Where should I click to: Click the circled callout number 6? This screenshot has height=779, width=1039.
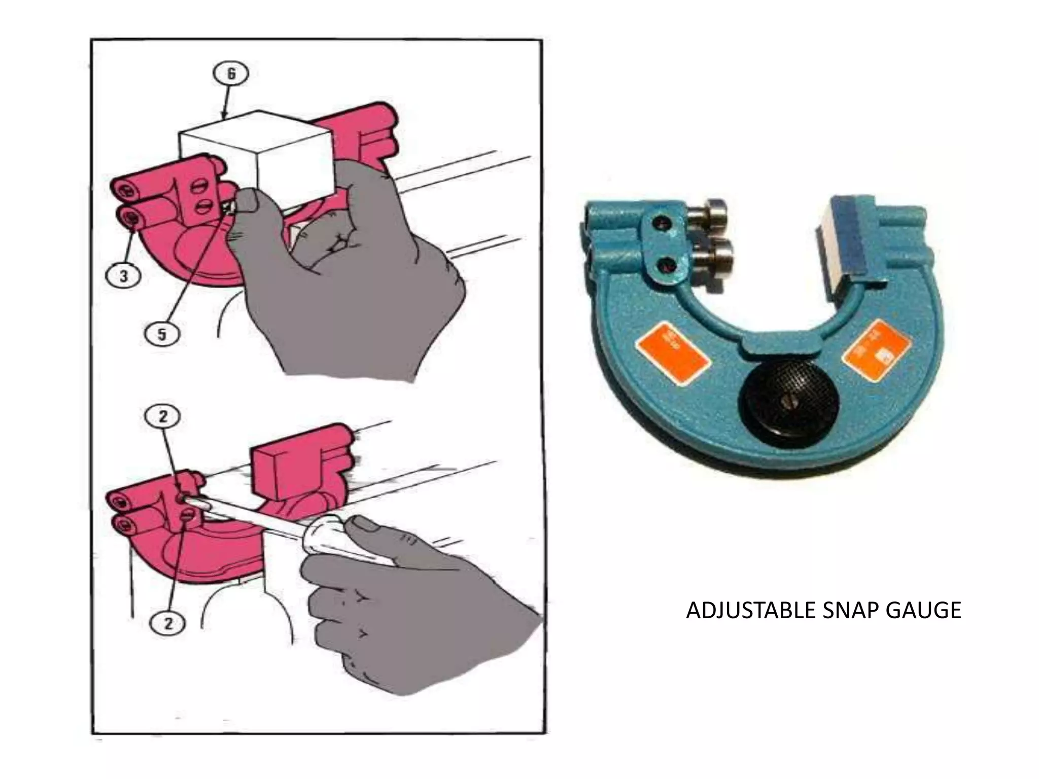[x=231, y=74]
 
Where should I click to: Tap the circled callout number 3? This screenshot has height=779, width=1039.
[x=124, y=276]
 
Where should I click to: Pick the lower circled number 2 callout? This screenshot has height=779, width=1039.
[x=168, y=623]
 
